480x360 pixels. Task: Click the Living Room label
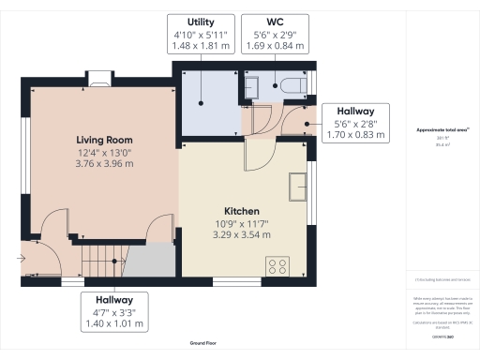point(104,140)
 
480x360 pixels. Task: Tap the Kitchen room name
point(241,211)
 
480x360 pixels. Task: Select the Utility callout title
point(200,21)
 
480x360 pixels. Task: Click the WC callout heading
point(275,21)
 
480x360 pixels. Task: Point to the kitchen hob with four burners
point(277,264)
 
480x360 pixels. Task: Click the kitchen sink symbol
point(298,186)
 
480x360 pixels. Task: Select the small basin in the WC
point(251,87)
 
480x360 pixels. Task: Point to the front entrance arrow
point(21,254)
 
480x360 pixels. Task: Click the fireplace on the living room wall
point(97,79)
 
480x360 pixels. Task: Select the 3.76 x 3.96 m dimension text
point(104,164)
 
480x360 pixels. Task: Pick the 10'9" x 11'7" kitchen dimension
point(241,224)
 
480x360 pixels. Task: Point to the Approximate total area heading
point(442,131)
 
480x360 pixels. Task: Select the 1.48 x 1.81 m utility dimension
point(200,45)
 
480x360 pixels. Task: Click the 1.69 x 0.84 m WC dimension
point(275,45)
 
